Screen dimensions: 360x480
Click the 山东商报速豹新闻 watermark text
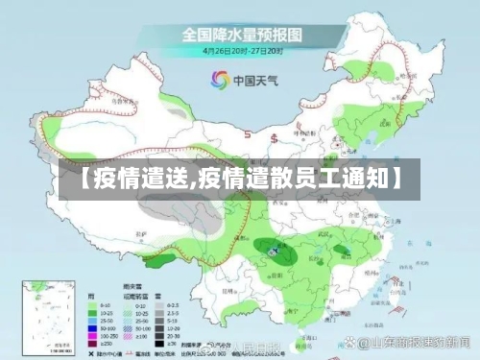[x=412, y=342]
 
